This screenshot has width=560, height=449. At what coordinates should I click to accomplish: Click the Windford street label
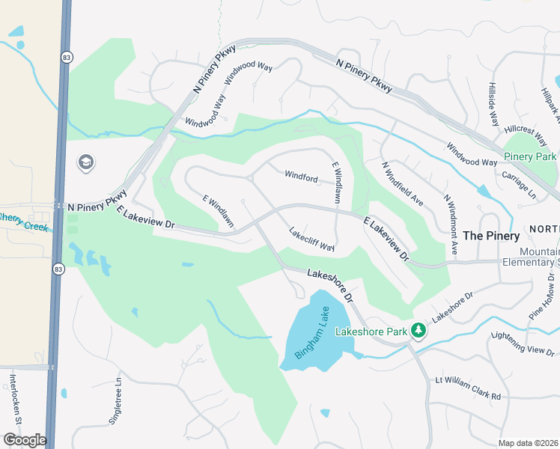click(301, 177)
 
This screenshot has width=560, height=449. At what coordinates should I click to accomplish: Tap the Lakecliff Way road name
click(311, 239)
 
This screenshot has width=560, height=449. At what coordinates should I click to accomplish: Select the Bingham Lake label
click(311, 335)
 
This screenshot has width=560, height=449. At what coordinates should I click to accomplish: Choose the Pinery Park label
click(530, 156)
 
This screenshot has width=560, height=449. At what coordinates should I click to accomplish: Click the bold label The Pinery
click(491, 236)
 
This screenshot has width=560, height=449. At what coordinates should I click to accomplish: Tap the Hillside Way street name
click(493, 104)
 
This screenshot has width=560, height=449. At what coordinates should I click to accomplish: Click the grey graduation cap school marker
click(86, 162)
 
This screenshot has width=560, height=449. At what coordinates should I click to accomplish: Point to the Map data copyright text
click(529, 443)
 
